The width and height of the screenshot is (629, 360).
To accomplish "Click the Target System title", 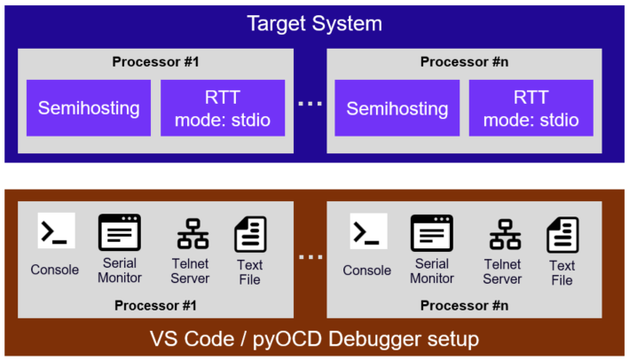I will coord(315,23).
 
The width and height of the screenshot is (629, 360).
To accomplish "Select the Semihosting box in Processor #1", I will coord(89,108).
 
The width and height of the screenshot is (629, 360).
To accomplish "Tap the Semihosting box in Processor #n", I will coord(397,108).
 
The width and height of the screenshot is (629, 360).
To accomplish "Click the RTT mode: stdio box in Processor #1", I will coord(223,108).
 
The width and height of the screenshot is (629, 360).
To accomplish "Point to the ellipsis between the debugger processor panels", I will coord(310,258).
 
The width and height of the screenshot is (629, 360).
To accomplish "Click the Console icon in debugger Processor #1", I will coord(56,231).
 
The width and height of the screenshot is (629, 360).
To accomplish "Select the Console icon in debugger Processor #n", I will coord(368,231).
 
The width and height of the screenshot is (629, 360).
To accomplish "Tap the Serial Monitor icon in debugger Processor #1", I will coord(120,232).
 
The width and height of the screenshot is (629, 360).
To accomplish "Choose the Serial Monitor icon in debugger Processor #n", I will coord(432,232).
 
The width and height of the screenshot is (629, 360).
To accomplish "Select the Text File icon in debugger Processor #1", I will coord(250,235).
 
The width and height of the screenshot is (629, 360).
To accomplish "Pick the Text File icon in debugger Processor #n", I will coord(562,235).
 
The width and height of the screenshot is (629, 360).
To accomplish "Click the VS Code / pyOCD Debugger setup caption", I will coord(315,339).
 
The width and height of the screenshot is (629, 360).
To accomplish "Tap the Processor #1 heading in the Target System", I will coord(154,61).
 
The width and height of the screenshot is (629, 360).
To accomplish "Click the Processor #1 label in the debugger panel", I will coord(154,306).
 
